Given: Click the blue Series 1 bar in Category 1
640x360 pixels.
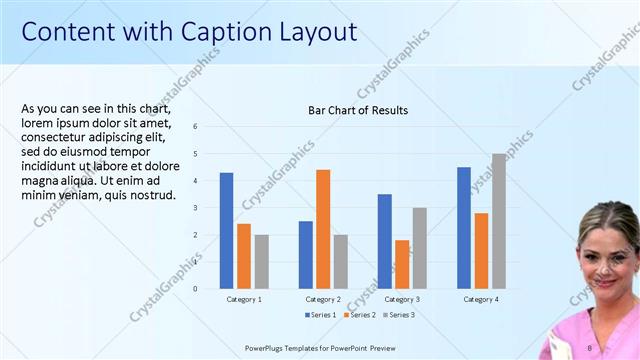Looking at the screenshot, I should click(226, 231).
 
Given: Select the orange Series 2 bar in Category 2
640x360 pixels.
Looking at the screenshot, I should click(323, 229).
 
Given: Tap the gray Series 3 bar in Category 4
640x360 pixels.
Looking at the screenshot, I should click(498, 221).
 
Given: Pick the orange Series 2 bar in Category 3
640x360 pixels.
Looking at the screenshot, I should click(402, 264).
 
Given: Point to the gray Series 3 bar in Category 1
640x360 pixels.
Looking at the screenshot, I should click(261, 262).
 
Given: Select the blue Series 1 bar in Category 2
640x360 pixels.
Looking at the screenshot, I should click(305, 255).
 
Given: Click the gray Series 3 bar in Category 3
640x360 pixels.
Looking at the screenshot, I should click(419, 248).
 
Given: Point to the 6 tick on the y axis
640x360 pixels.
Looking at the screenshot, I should click(195, 126).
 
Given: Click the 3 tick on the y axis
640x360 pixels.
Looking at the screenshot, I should click(195, 208).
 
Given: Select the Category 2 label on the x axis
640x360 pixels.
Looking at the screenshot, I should click(323, 299).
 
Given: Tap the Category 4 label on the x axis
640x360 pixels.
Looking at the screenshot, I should click(481, 299).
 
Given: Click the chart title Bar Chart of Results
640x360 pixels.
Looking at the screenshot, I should click(358, 110).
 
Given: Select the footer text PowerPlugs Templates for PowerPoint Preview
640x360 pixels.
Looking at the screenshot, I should click(328, 348).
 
